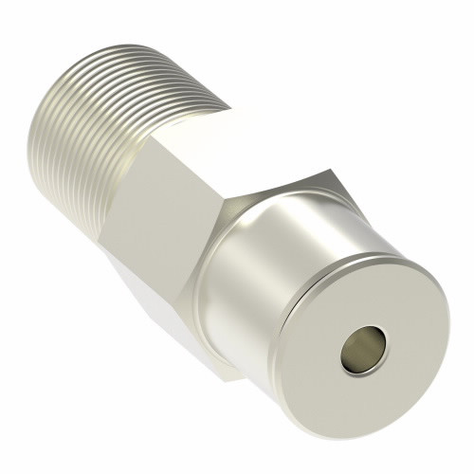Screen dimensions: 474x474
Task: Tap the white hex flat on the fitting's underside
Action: coord(152,303)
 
